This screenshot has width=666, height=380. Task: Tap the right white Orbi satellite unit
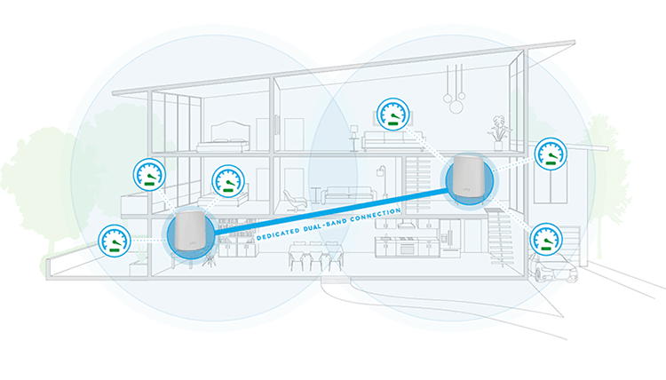467,178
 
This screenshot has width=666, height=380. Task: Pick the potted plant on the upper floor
499,130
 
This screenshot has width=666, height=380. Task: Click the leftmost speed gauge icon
114,238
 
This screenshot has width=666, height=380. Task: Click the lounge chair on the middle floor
293,200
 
